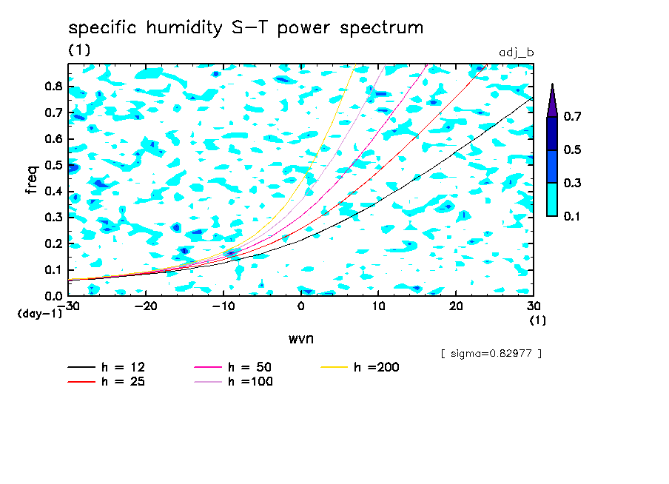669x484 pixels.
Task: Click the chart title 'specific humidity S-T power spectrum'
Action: tap(246, 28)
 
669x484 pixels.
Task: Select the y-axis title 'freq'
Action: tap(32, 179)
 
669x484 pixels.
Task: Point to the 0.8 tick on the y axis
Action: tap(53, 86)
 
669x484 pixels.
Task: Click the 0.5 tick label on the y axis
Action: tap(53, 164)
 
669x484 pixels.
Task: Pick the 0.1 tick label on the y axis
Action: tap(53, 269)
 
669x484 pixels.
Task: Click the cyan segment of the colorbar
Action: tap(551, 199)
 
